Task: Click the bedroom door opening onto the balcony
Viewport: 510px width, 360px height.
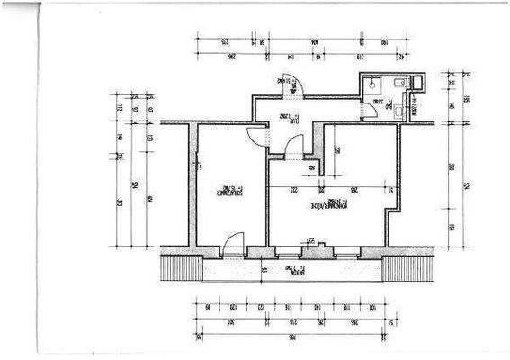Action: tap(232, 243)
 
